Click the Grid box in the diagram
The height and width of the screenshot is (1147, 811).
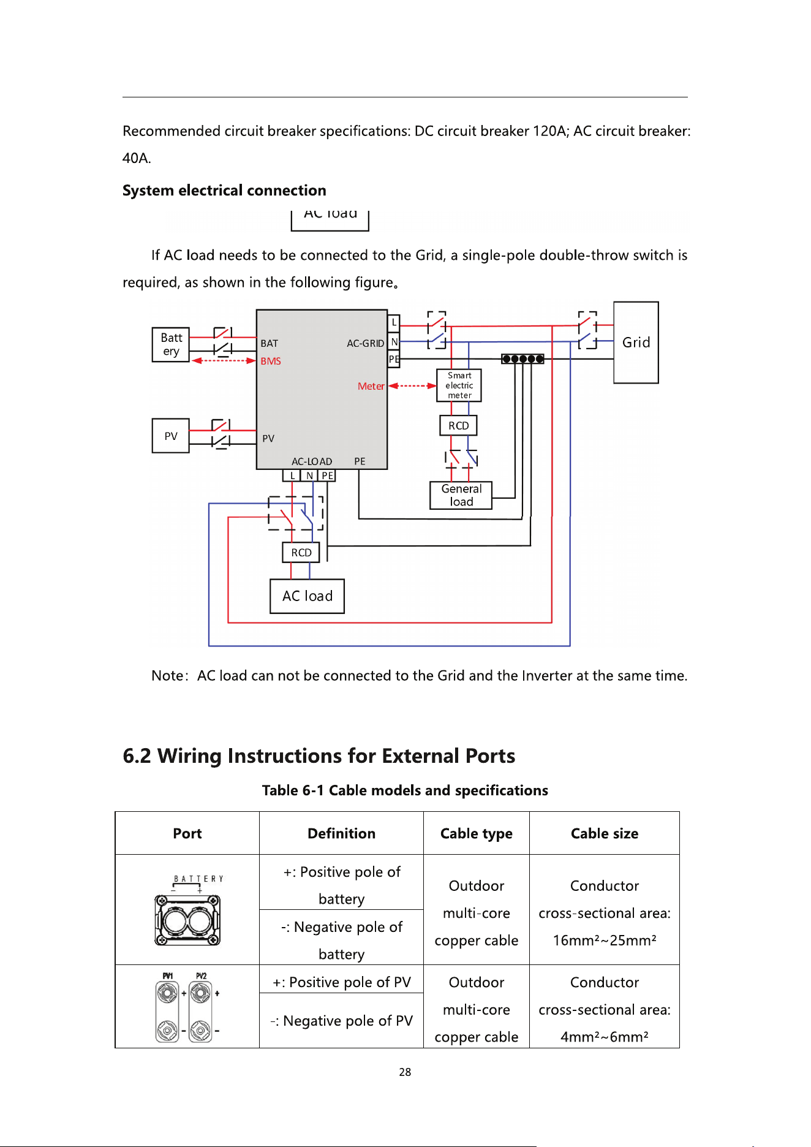click(636, 343)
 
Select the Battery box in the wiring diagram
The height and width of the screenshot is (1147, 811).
click(171, 344)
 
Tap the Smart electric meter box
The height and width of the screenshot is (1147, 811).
click(459, 385)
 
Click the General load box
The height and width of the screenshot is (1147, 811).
click(461, 496)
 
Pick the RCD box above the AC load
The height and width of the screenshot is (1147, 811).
click(301, 553)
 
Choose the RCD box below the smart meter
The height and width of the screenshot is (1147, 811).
click(458, 425)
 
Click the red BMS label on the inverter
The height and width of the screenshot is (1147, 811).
click(271, 362)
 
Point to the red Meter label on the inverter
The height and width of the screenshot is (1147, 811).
click(371, 386)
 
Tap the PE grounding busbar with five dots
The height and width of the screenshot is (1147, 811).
click(522, 359)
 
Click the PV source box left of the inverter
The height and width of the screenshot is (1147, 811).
click(171, 436)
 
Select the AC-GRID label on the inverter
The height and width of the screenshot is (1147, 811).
click(366, 343)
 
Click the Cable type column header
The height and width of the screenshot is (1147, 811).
click(477, 833)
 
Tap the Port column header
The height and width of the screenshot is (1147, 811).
click(187, 833)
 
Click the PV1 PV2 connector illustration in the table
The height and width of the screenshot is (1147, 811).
click(187, 1007)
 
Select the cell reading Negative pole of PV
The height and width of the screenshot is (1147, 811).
click(342, 1021)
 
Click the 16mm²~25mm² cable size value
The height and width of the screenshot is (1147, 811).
click(605, 941)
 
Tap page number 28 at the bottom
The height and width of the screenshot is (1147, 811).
click(405, 1072)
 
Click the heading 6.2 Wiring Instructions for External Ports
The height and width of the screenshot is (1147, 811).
click(319, 756)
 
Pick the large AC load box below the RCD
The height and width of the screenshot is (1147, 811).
click(307, 596)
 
